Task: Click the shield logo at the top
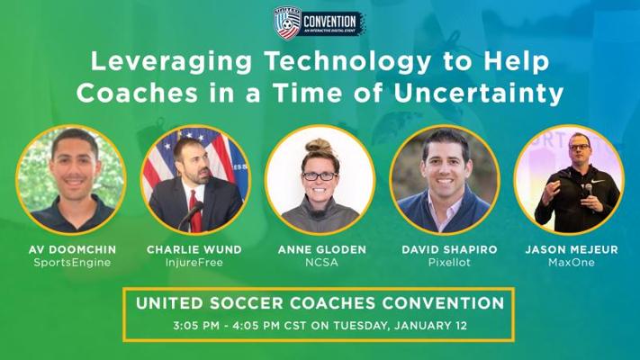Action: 287,22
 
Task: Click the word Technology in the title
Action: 348,62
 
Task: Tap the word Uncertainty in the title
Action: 478,93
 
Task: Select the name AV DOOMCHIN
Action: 72,249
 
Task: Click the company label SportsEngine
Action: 72,263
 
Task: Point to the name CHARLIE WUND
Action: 194,249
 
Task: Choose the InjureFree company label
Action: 194,263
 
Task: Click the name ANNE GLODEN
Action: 322,249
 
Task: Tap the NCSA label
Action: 322,263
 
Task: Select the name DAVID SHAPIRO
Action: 449,249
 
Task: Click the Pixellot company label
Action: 449,263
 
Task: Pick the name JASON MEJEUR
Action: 572,249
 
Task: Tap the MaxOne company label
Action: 572,263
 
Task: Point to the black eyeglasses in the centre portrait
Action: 320,176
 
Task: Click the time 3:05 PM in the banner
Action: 196,326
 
